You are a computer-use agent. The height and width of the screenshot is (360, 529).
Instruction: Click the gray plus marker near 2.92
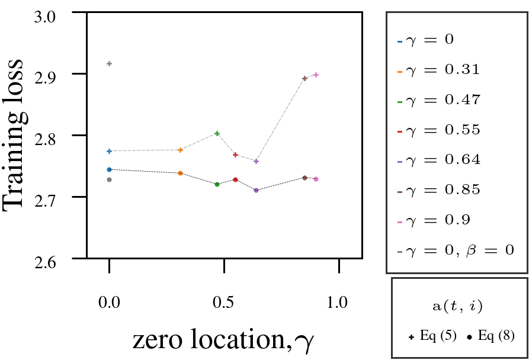110,63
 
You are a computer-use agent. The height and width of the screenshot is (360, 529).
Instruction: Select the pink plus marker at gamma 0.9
316,75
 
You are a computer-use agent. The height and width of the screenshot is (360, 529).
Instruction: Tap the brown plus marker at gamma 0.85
304,78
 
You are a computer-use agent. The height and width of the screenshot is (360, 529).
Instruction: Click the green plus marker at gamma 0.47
217,133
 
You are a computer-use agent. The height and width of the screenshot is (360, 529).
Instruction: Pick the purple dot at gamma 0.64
256,190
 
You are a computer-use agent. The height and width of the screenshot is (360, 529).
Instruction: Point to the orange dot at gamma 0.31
181,173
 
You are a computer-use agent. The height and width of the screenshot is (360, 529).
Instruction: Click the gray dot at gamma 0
110,179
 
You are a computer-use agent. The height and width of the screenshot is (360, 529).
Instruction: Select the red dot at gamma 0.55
235,179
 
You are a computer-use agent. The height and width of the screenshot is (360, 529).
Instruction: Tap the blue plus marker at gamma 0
110,151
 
